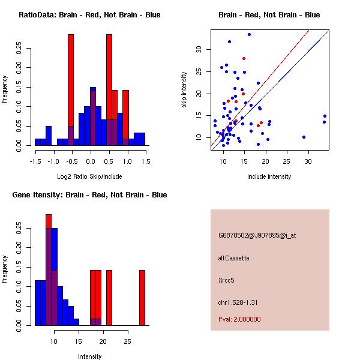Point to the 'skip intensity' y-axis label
tap(185, 90)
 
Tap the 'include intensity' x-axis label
tap(269, 176)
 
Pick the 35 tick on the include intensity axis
tap(325, 161)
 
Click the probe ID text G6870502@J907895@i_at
tap(257, 235)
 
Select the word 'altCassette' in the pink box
tap(233, 258)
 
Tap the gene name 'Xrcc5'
tap(226, 280)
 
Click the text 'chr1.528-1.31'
tap(238, 302)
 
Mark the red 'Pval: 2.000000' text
tap(239, 319)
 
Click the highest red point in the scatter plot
tap(244, 58)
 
